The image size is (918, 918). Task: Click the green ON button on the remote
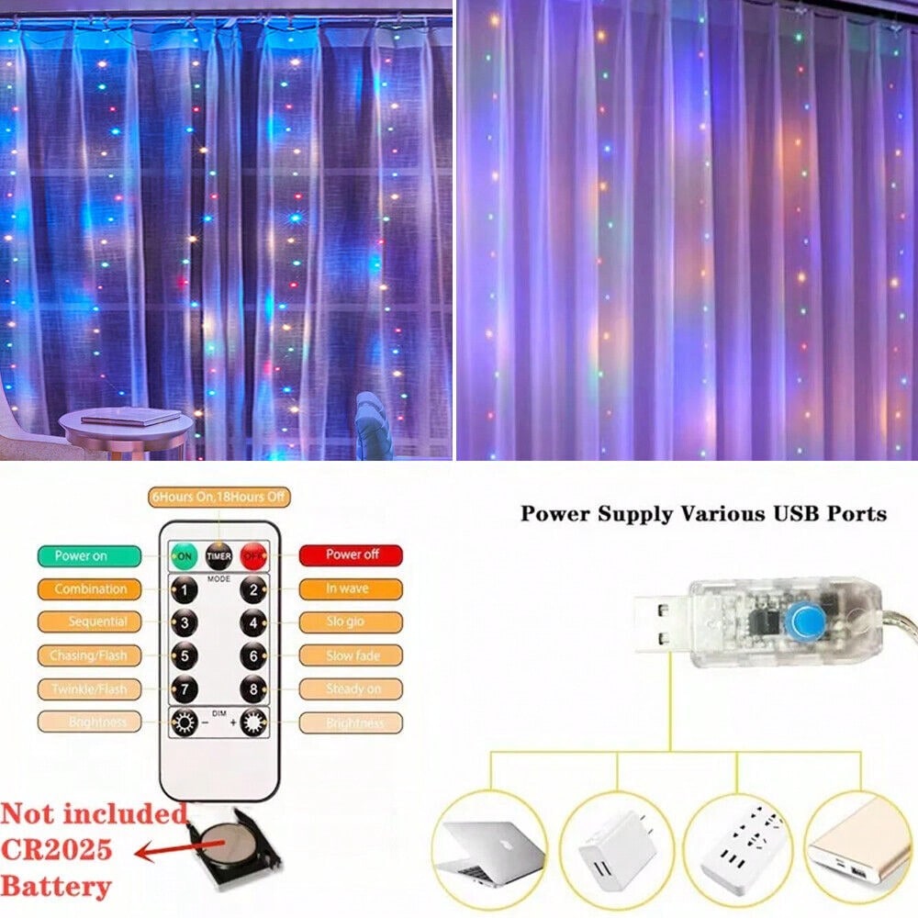[x=183, y=555]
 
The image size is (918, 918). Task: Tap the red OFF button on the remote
[x=252, y=555]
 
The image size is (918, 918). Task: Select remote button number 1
[x=184, y=589]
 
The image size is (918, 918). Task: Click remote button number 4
[x=252, y=622]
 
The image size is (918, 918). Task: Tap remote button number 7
[x=184, y=688]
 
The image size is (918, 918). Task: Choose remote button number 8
[x=252, y=688]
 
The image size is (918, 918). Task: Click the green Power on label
[x=89, y=555]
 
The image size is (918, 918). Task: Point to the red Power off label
[x=352, y=555]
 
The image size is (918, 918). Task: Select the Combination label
[x=90, y=588]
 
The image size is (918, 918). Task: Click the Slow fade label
[x=352, y=655]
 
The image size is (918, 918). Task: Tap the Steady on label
[x=352, y=688]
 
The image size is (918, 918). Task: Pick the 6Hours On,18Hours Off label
[x=218, y=497]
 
